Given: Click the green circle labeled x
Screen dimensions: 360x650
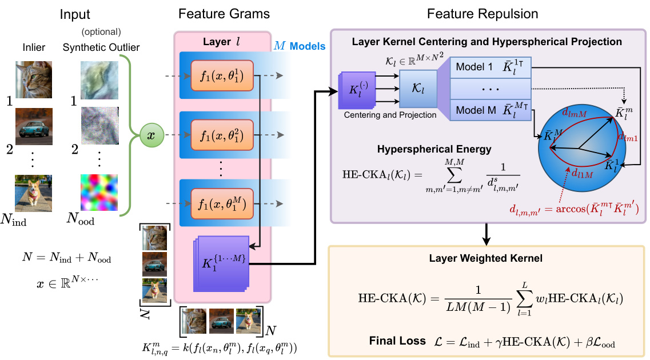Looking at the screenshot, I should (151, 136).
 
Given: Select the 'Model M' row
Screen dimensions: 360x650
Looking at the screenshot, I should (491, 110).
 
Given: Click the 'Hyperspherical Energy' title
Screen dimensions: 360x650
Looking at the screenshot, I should (434, 149).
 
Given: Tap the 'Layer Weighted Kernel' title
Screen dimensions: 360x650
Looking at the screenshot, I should (485, 258).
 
